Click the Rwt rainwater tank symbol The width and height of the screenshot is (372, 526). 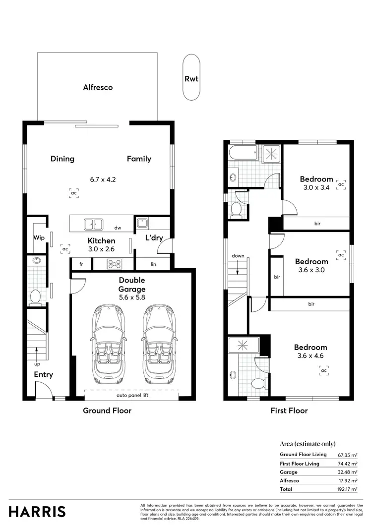(x=191, y=78)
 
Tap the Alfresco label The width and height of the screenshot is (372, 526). (x=98, y=87)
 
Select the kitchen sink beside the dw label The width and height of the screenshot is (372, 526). (x=93, y=224)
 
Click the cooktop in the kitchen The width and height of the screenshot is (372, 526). (x=115, y=264)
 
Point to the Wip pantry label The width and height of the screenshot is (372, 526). (x=39, y=237)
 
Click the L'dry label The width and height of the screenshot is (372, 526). (x=154, y=238)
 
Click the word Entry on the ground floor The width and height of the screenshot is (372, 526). (x=43, y=375)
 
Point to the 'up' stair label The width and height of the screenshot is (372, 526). (x=37, y=364)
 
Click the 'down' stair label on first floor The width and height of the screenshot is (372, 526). (x=238, y=256)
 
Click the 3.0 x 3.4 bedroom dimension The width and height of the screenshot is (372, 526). (x=316, y=187)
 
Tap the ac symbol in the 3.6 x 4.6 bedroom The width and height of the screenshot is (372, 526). (x=324, y=370)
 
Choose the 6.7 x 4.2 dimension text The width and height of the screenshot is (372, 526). (x=103, y=179)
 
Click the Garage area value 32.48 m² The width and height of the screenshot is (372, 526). (x=347, y=472)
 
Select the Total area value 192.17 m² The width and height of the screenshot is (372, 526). (x=346, y=489)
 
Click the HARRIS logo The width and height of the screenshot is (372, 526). (x=37, y=511)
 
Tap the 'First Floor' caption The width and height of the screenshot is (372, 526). (x=289, y=410)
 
